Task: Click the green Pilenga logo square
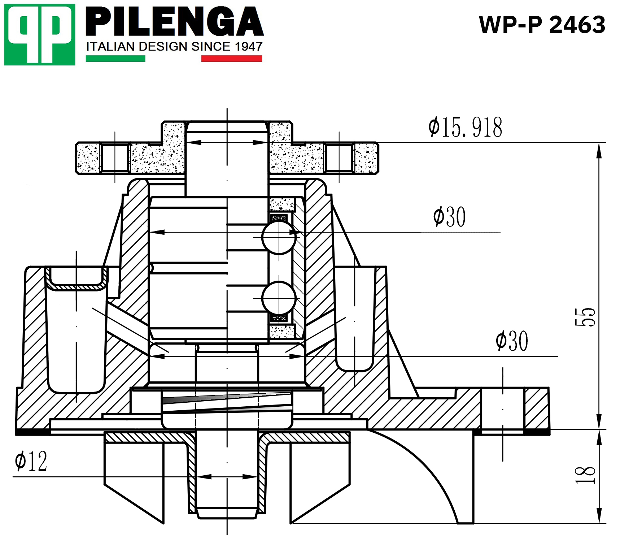tap(39, 35)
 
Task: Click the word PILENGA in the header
tap(174, 22)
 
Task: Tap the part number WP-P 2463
tap(542, 25)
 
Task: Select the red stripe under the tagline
tap(231, 59)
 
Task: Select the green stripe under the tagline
tap(115, 59)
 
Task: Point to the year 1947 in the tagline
tap(248, 47)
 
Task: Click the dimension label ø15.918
tap(465, 127)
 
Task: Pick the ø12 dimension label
tap(31, 461)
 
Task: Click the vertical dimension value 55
tap(585, 317)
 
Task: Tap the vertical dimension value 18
tap(585, 475)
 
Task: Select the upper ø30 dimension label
tap(449, 217)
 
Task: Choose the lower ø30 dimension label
tap(512, 341)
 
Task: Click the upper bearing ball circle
tap(279, 237)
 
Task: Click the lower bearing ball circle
tap(279, 298)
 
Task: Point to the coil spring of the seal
tap(227, 403)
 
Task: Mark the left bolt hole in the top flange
tap(115, 158)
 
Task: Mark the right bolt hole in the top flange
tap(339, 158)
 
